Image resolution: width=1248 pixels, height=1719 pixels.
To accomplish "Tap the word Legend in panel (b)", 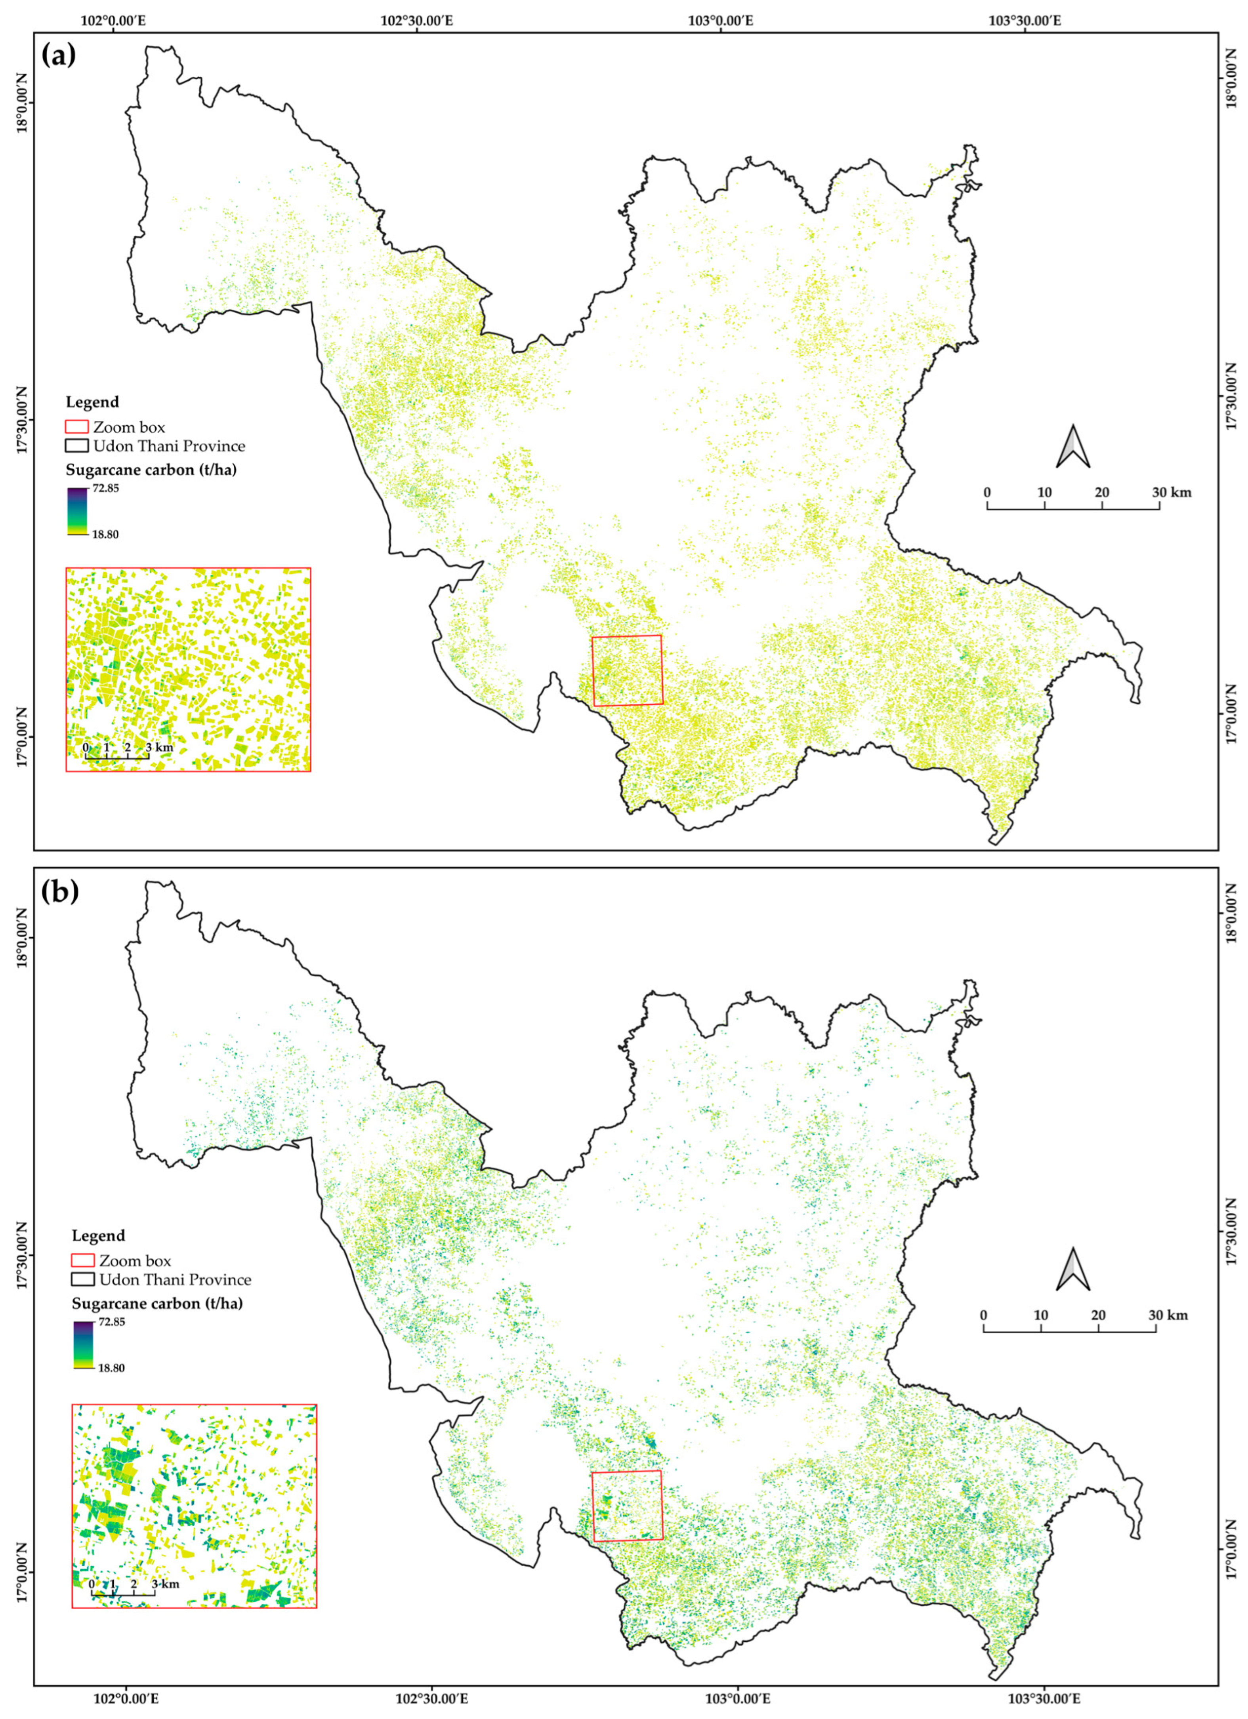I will pyautogui.click(x=99, y=1236).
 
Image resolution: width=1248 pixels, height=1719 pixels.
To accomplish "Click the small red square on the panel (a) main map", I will pyautogui.click(x=627, y=670).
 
